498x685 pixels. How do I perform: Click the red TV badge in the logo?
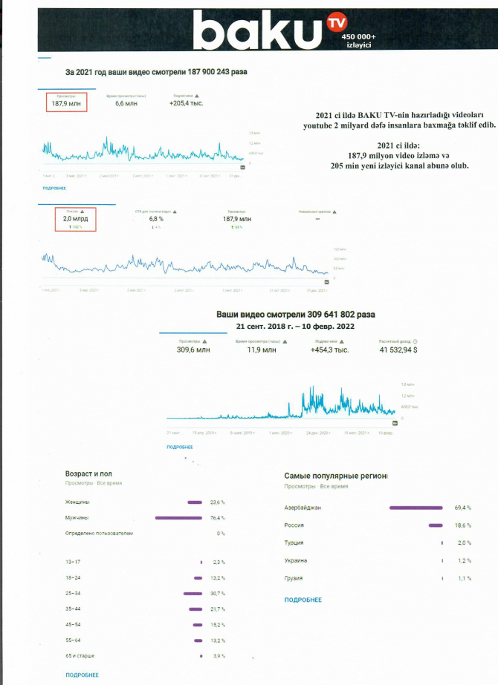click(x=337, y=24)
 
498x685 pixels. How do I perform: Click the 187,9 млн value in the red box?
click(x=66, y=105)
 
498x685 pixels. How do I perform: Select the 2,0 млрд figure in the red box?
click(x=71, y=220)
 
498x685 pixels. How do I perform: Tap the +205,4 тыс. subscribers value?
click(x=187, y=104)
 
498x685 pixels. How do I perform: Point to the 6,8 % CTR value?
click(x=156, y=220)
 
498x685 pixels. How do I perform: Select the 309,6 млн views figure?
click(x=193, y=349)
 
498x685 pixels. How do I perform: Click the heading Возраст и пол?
click(x=88, y=473)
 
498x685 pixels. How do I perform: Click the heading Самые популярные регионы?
click(x=336, y=474)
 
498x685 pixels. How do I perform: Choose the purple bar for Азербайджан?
click(x=416, y=508)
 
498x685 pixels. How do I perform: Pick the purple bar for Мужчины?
click(x=178, y=518)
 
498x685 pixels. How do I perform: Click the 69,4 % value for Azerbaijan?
click(x=462, y=508)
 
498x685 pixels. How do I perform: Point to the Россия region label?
click(x=294, y=525)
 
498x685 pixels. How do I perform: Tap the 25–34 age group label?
click(x=74, y=593)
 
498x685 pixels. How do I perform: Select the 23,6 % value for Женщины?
click(x=217, y=502)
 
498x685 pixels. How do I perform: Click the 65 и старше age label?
click(x=80, y=656)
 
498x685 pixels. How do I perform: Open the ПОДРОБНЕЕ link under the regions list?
click(x=303, y=600)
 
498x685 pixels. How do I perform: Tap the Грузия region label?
click(x=294, y=578)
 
